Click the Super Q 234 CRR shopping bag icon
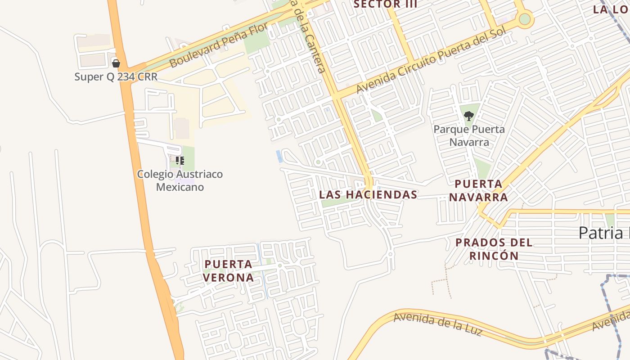[x=116, y=63]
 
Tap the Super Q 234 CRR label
[x=116, y=77]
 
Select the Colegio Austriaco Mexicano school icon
[x=180, y=161]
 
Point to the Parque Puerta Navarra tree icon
[x=469, y=116]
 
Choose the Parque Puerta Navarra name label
[x=469, y=136]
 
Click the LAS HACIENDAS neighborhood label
[x=368, y=195]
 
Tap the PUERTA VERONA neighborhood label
[x=228, y=270]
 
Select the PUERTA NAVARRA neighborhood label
[x=478, y=190]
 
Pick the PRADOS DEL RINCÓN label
[x=494, y=249]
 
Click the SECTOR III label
[x=386, y=4]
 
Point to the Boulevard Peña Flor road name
[x=219, y=45]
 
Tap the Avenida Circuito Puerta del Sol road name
[x=432, y=59]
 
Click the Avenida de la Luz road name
[x=438, y=324]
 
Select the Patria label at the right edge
[x=603, y=233]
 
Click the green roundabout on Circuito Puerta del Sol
[x=525, y=19]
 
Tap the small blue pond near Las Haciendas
[x=279, y=156]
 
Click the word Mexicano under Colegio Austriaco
[x=180, y=187]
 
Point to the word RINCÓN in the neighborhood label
[x=494, y=256]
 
